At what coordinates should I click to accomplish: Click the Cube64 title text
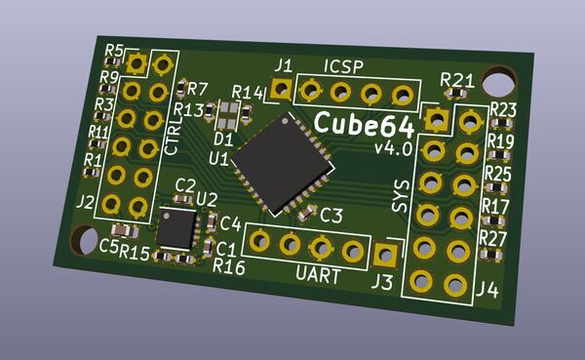364,125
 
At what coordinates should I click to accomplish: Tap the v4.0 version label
393,148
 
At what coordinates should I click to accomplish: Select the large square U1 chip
283,164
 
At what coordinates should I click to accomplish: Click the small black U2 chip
176,228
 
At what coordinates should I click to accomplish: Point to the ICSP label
343,66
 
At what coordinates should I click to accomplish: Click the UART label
318,275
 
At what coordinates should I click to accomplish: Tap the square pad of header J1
281,89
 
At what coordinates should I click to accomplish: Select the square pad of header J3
385,255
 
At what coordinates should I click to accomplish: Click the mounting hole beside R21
498,82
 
